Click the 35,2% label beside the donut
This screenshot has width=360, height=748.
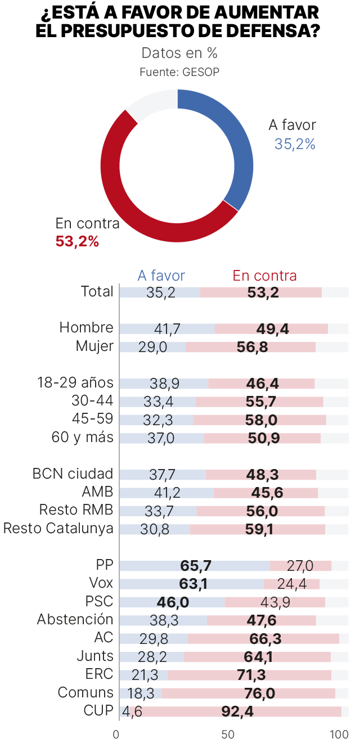coord(295,145)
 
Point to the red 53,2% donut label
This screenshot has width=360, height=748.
coord(77,242)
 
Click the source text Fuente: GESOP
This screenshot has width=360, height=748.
coord(179,72)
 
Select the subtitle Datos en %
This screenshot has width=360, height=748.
coord(179,53)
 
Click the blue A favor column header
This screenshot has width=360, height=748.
coord(161,276)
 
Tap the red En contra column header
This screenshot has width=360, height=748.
coord(264,276)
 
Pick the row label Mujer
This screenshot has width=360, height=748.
coord(94,346)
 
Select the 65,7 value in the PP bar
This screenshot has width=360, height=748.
coord(195,566)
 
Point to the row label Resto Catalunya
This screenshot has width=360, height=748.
coord(58,529)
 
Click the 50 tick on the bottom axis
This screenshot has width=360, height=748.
coord(227,735)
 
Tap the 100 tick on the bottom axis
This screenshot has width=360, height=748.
coord(339,735)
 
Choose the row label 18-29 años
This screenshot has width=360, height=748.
coord(75,383)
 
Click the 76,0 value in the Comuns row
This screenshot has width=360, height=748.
coord(259,693)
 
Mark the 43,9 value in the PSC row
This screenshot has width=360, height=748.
coord(276,602)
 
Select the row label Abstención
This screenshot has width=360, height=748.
coord(75,620)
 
